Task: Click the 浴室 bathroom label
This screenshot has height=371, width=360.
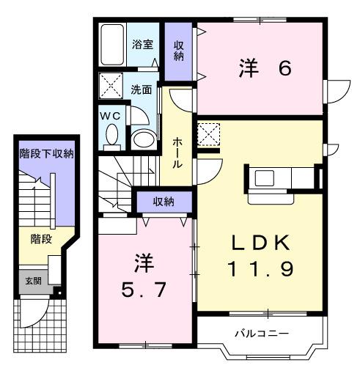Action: pos(142,45)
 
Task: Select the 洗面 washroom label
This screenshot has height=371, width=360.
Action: pos(142,89)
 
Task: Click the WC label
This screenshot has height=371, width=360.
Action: pos(111,116)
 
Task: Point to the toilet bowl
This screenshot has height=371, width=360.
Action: pos(112,136)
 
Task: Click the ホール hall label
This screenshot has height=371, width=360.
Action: pos(177,153)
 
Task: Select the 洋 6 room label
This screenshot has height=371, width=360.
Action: pos(265,68)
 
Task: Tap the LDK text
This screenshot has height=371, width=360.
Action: pos(262,243)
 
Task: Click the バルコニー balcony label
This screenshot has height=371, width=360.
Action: pos(261,334)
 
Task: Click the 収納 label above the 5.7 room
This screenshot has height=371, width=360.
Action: pos(163,201)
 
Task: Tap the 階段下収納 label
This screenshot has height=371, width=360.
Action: pos(45,153)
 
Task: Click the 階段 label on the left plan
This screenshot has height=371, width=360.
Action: pos(41,238)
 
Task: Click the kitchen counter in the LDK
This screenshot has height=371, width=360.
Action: pos(282,178)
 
